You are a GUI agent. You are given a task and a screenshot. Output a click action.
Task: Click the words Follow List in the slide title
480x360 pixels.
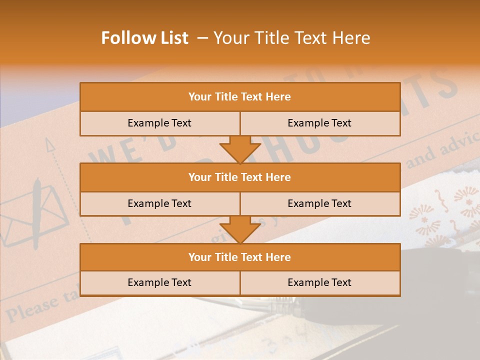click(x=144, y=38)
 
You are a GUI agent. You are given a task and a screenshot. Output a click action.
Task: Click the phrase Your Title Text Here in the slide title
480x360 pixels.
click(x=291, y=38)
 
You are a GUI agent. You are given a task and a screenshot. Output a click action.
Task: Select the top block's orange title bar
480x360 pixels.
click(x=240, y=97)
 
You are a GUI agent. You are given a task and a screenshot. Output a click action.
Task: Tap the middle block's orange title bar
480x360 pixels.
click(x=240, y=177)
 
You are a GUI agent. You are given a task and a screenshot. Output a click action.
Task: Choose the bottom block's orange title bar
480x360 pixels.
click(x=240, y=257)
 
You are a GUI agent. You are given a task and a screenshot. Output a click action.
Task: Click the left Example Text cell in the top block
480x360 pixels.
click(x=159, y=123)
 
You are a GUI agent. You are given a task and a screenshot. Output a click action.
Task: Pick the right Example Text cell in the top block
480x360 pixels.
click(x=319, y=123)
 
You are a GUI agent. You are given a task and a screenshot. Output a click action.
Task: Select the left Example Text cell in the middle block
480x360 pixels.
click(x=159, y=203)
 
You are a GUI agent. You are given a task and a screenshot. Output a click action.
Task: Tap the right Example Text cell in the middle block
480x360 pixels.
click(x=319, y=203)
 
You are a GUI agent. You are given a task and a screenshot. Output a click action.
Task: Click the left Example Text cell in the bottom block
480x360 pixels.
click(x=159, y=282)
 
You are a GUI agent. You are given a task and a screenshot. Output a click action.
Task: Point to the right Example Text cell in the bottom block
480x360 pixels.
click(x=319, y=282)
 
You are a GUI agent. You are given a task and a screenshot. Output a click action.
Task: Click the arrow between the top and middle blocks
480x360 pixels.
click(x=240, y=149)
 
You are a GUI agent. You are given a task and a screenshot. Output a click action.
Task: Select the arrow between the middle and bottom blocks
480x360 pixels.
click(x=240, y=229)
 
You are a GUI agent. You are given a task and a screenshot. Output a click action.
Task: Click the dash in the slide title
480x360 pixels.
click(x=203, y=38)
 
